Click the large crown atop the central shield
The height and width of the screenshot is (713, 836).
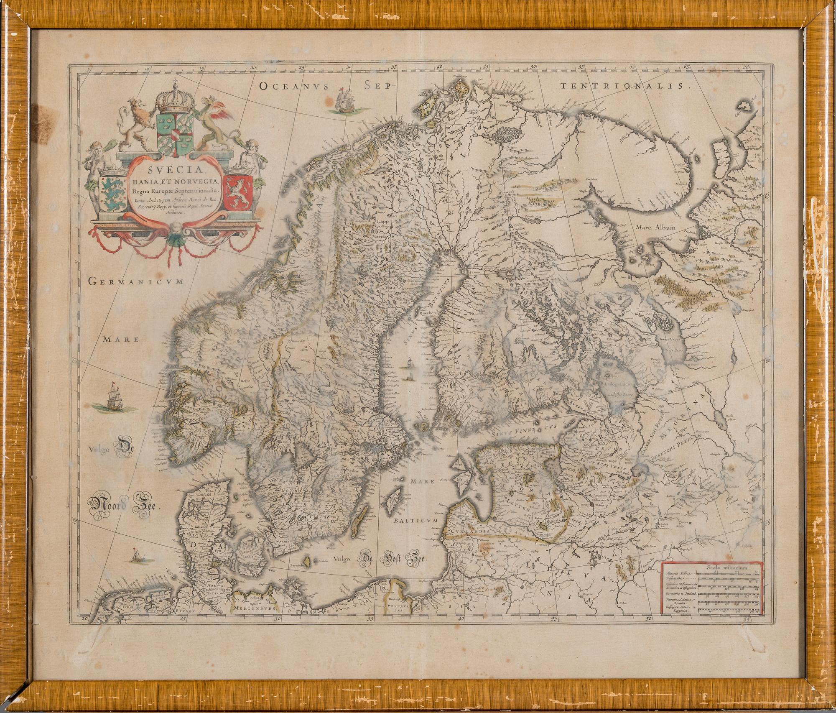click(x=176, y=100)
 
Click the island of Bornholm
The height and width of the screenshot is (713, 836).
click(x=308, y=560)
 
